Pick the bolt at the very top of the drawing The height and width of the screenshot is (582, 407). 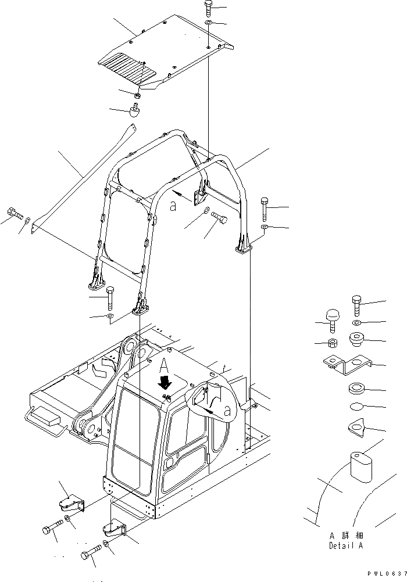[x=209, y=9]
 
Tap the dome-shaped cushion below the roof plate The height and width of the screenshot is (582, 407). [x=135, y=111]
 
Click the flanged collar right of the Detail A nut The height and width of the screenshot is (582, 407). [x=356, y=339]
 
